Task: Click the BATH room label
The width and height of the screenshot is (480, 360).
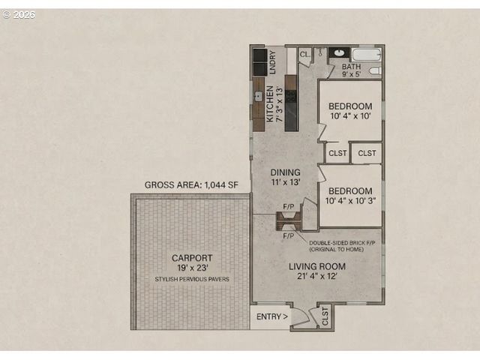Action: click(x=351, y=67)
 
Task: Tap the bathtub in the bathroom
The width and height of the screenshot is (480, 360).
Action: click(x=367, y=55)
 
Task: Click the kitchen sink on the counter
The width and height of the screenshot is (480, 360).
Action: click(x=257, y=96)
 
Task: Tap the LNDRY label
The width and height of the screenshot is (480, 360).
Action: click(x=272, y=59)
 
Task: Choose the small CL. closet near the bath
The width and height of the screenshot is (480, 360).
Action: click(x=304, y=55)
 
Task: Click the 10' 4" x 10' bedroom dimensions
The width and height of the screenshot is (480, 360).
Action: click(x=350, y=116)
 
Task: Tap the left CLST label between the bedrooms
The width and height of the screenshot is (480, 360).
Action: click(x=336, y=153)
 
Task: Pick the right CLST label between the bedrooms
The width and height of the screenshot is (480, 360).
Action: click(x=366, y=153)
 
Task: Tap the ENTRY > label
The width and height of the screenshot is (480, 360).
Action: click(x=271, y=316)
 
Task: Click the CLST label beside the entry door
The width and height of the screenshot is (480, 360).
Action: click(x=325, y=316)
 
